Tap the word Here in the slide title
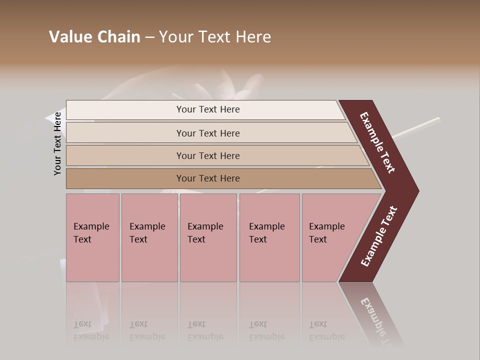[253, 37]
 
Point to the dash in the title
[149, 37]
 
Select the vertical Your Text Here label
[57, 143]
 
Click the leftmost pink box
[92, 260]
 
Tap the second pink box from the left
[149, 260]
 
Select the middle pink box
[208, 260]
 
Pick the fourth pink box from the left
[269, 260]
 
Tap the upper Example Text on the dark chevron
[377, 142]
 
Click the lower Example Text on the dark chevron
[379, 236]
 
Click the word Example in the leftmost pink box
[91, 226]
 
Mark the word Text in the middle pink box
[196, 239]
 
